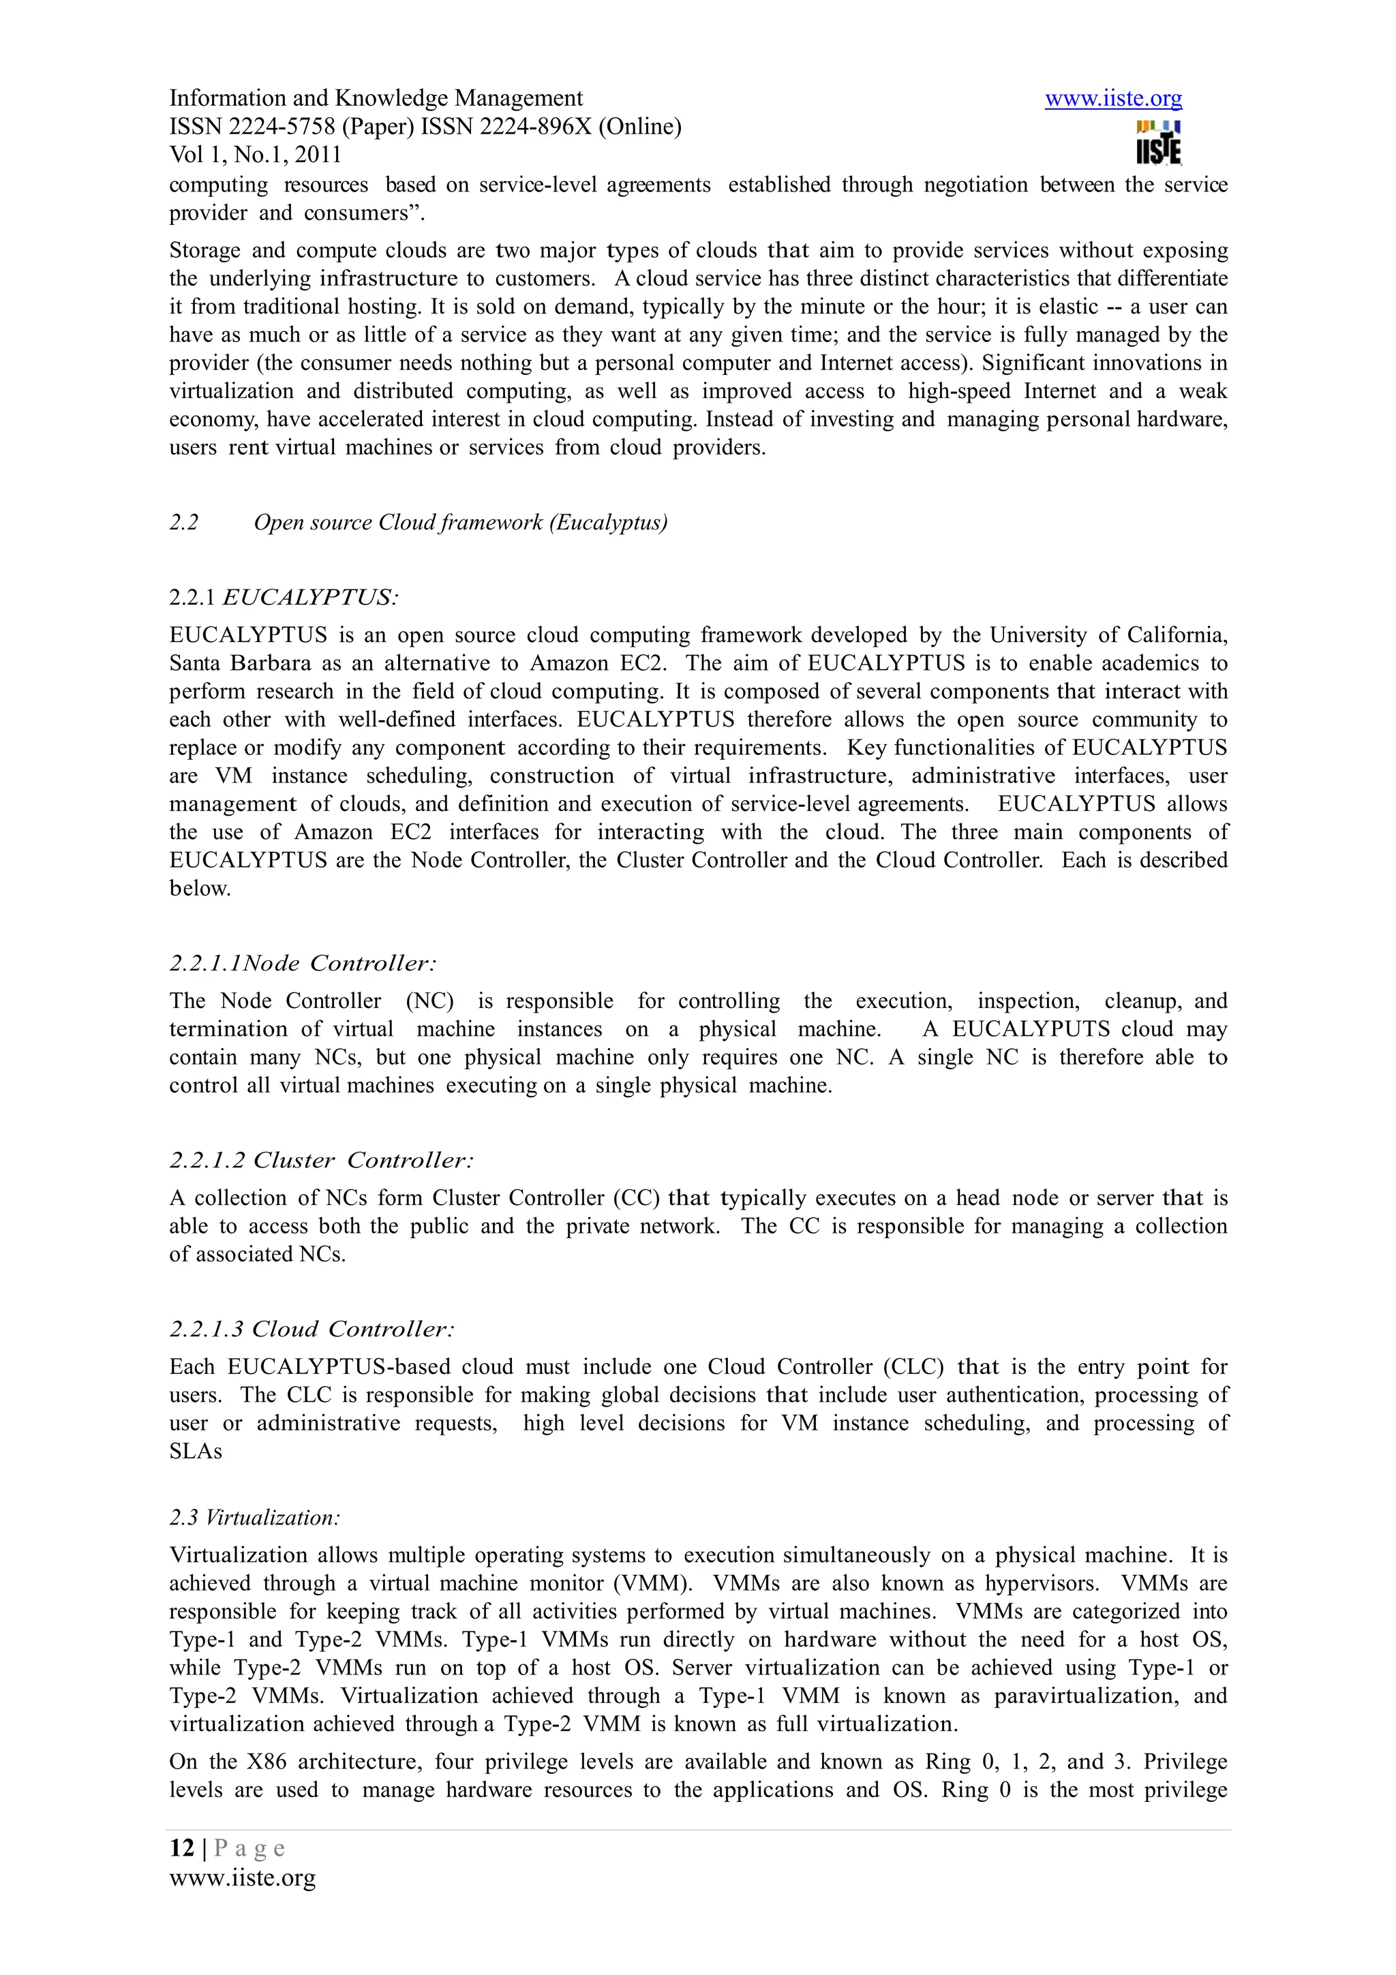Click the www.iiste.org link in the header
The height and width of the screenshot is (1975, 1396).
(1113, 99)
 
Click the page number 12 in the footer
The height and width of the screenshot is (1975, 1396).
(181, 1848)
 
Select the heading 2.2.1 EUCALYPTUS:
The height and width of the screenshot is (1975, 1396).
(284, 597)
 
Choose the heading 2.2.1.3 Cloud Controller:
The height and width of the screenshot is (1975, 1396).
(312, 1329)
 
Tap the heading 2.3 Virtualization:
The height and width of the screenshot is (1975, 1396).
(255, 1518)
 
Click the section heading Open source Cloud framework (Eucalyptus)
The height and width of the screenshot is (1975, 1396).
(460, 523)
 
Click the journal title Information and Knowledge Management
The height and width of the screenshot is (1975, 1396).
(376, 99)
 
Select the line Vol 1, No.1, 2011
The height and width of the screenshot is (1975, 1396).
(256, 155)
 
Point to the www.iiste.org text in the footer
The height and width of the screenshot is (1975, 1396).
(243, 1877)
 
